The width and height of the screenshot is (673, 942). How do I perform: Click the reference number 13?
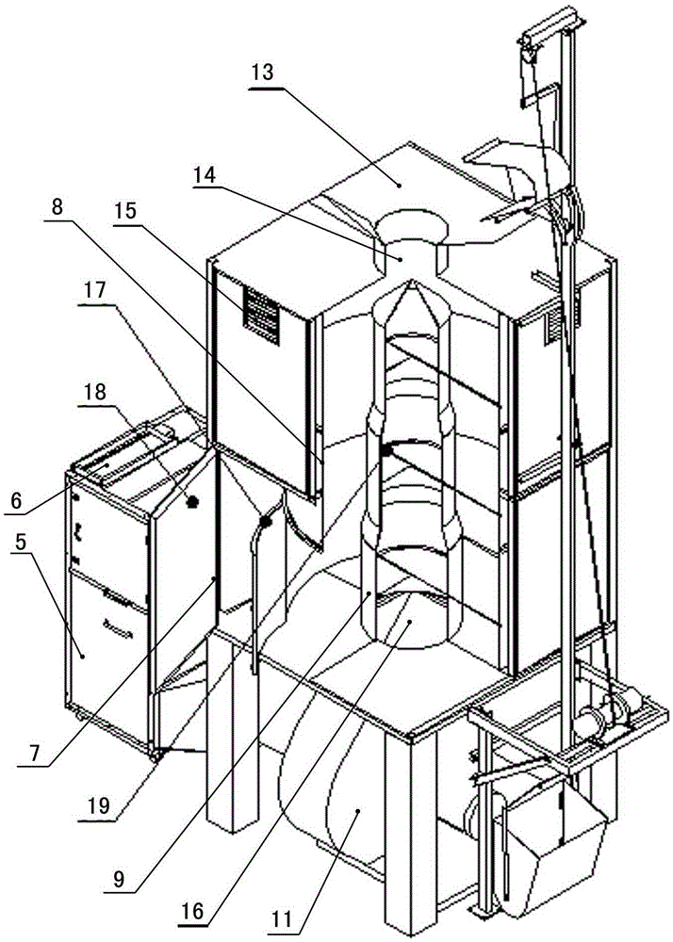tap(263, 73)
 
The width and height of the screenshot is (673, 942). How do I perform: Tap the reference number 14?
tap(205, 176)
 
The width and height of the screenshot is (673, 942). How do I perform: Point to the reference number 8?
tap(57, 208)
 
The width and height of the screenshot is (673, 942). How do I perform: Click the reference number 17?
tap(93, 291)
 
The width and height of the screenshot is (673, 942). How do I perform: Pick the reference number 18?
tap(93, 392)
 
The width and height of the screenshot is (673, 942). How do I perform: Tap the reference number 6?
tap(16, 499)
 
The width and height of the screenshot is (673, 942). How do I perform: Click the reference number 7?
tap(37, 754)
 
